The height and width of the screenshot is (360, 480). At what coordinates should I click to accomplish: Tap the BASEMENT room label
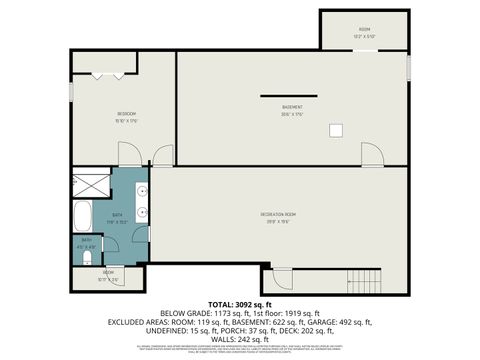(291, 107)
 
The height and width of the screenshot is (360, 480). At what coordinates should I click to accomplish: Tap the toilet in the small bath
(88, 257)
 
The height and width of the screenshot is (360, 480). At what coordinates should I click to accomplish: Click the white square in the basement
(336, 128)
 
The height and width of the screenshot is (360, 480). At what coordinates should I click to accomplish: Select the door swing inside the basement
(371, 155)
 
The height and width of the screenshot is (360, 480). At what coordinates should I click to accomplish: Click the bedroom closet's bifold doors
(106, 74)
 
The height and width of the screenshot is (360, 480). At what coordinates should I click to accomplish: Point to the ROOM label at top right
(364, 30)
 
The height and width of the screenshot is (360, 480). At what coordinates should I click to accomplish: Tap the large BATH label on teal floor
(117, 215)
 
